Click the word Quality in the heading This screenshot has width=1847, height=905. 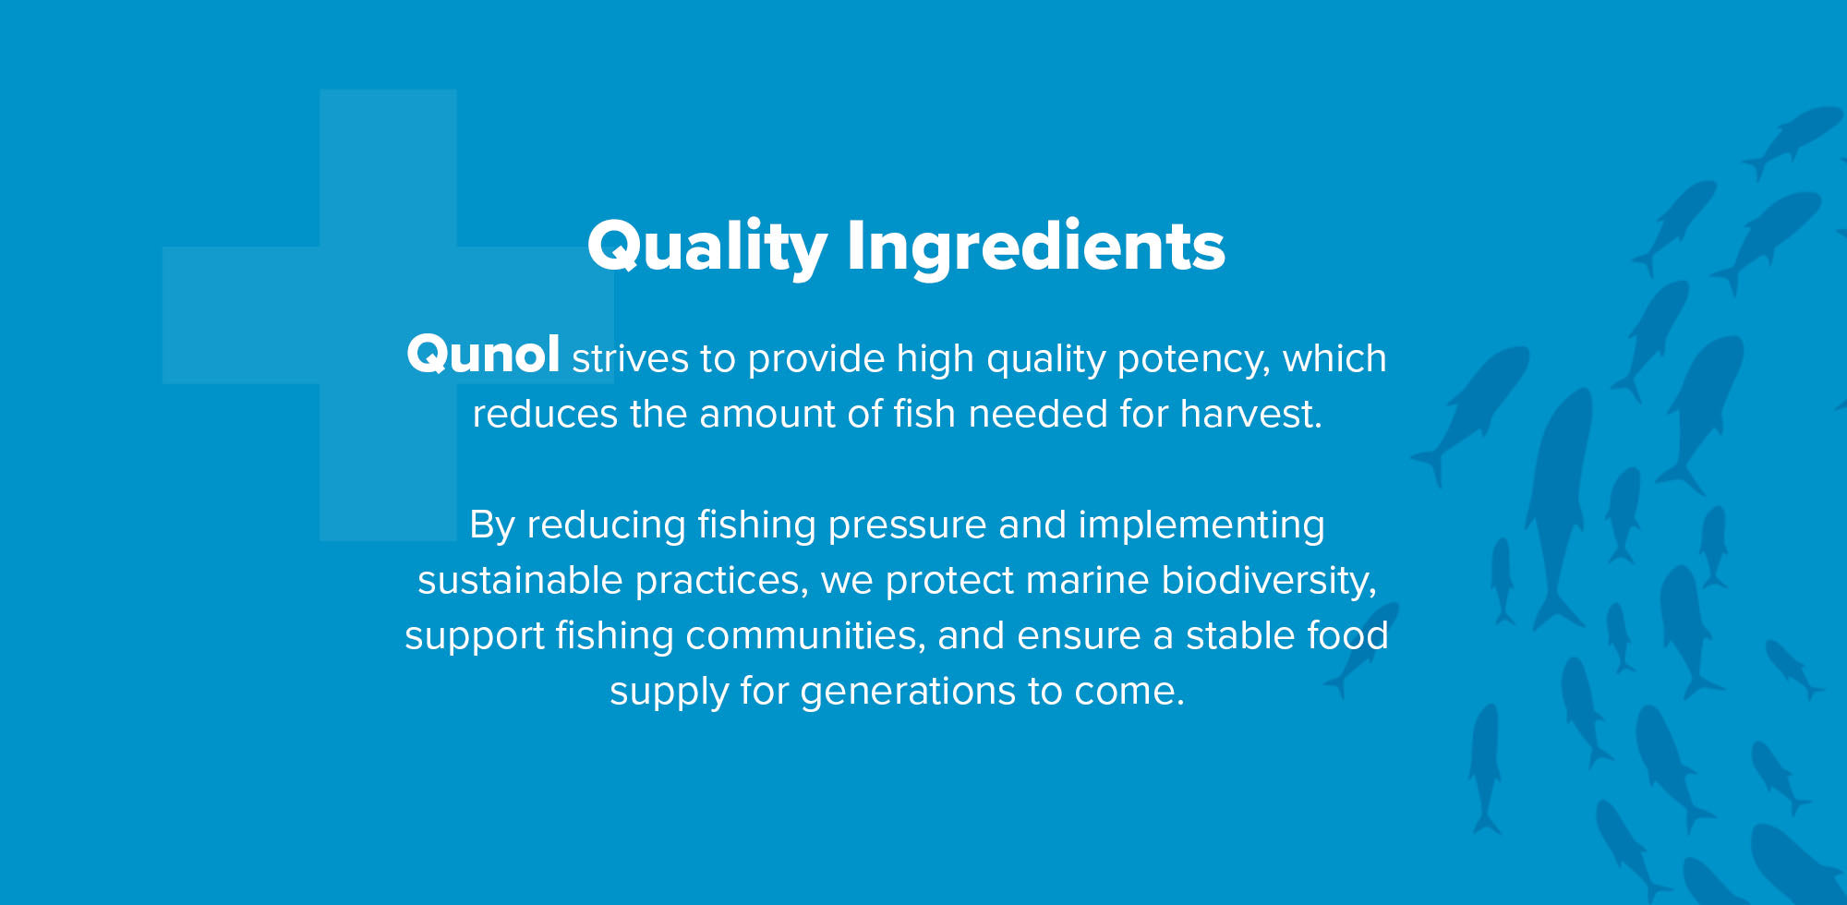[706, 247]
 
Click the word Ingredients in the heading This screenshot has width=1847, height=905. [1035, 247]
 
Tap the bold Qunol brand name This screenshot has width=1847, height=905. [483, 355]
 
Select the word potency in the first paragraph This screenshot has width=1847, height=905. [1193, 359]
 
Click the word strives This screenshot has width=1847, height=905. [630, 358]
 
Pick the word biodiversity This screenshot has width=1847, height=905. [1268, 580]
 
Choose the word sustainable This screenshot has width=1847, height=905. [520, 580]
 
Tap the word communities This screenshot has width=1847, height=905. [804, 635]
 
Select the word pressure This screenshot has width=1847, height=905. [907, 525]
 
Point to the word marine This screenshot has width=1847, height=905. [1087, 580]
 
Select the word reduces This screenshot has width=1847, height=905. [545, 414]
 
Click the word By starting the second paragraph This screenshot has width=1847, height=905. [491, 525]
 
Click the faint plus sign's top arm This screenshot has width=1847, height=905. [388, 166]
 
